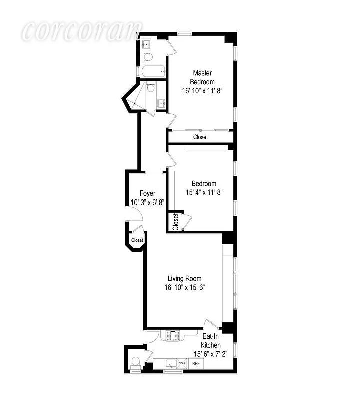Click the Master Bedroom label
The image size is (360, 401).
tap(202, 77)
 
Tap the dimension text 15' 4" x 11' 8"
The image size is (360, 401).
tap(204, 192)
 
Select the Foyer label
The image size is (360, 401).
tap(147, 193)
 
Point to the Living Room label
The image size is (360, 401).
tap(185, 279)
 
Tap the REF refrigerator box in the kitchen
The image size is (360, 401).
tap(197, 364)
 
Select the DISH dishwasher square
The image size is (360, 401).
tap(181, 364)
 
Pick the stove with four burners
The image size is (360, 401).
tap(173, 336)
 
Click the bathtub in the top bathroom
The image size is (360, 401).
tap(153, 72)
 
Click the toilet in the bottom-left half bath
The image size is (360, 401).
tap(134, 362)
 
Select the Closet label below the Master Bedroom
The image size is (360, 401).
tap(200, 137)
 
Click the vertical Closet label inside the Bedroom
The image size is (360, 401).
tap(175, 222)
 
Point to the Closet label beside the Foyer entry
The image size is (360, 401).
tap(137, 240)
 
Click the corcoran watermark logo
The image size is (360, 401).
tap(81, 31)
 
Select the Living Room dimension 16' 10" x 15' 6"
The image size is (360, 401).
tap(185, 288)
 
